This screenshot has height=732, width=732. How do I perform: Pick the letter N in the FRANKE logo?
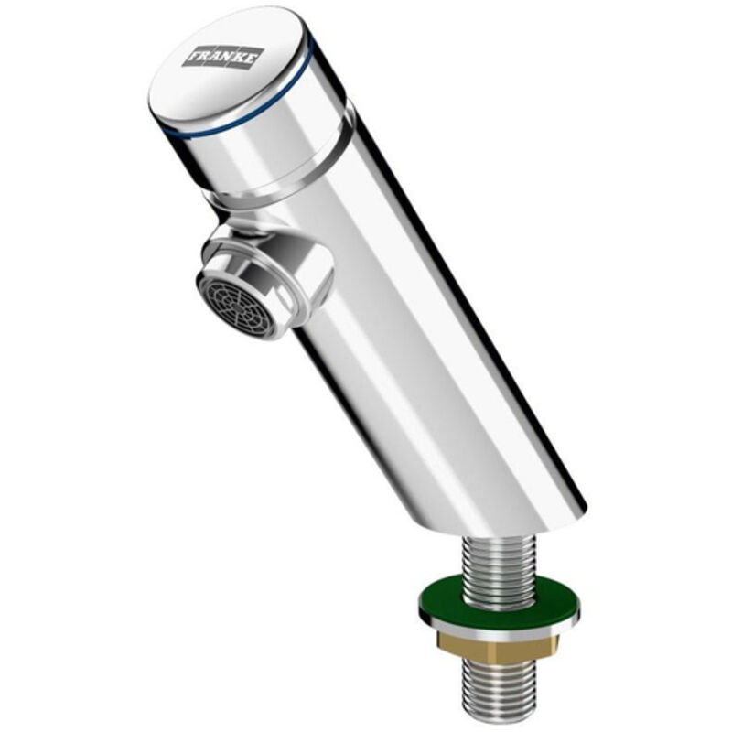[231, 56]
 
